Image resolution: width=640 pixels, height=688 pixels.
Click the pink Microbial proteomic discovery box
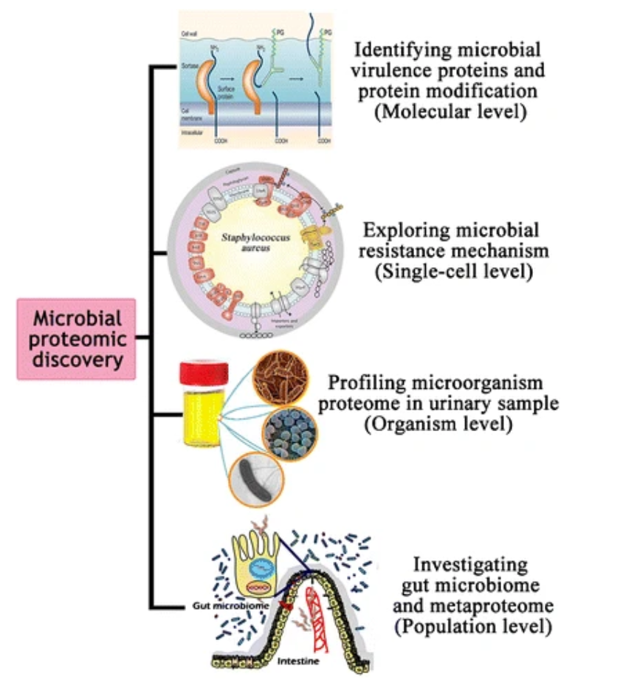click(76, 339)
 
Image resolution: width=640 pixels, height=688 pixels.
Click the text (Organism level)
click(444, 426)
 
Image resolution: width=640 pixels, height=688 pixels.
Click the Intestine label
click(298, 661)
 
